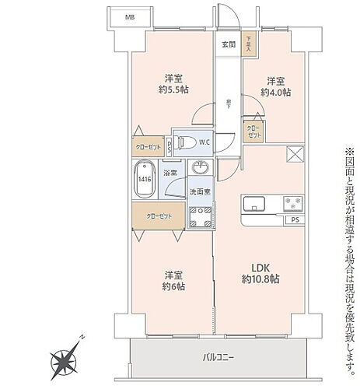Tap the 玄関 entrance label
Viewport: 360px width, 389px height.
pos(227,45)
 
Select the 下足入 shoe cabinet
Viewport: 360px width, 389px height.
pos(249,44)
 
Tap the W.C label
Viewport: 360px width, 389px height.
pos(204,142)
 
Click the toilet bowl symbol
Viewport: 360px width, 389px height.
pos(182,142)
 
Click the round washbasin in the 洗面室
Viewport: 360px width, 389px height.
pos(201,169)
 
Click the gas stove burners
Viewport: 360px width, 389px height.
pos(292,204)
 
